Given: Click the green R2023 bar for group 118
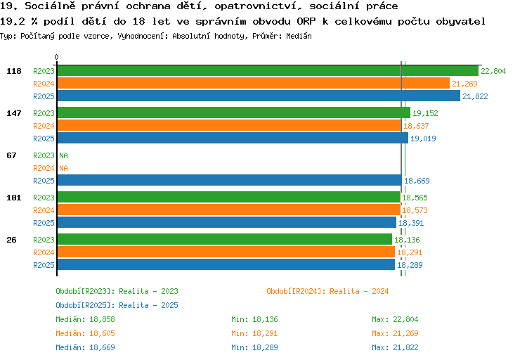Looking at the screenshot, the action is [x=268, y=70].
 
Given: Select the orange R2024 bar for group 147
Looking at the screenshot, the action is [x=230, y=125].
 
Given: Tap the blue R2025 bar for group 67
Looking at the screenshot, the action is [x=230, y=180].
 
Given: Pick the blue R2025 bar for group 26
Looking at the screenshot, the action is [x=226, y=264].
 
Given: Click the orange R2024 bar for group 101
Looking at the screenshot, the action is [x=229, y=210].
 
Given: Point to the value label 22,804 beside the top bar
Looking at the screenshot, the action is [x=493, y=71].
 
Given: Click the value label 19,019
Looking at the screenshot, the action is [x=423, y=139].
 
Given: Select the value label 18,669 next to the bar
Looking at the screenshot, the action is [x=417, y=181].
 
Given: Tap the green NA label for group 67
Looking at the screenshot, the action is [x=63, y=155].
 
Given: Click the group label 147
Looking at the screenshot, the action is [x=14, y=113].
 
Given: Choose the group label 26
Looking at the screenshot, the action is [x=11, y=240].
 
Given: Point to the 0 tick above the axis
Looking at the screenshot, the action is [x=56, y=57].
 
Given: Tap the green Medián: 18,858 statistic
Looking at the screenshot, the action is [x=85, y=319].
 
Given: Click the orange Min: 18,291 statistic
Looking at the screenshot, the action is [x=254, y=333].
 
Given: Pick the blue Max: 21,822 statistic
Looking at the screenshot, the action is [x=395, y=347].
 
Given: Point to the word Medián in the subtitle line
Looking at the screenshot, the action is [x=299, y=36].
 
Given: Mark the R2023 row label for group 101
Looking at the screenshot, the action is [x=44, y=198].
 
